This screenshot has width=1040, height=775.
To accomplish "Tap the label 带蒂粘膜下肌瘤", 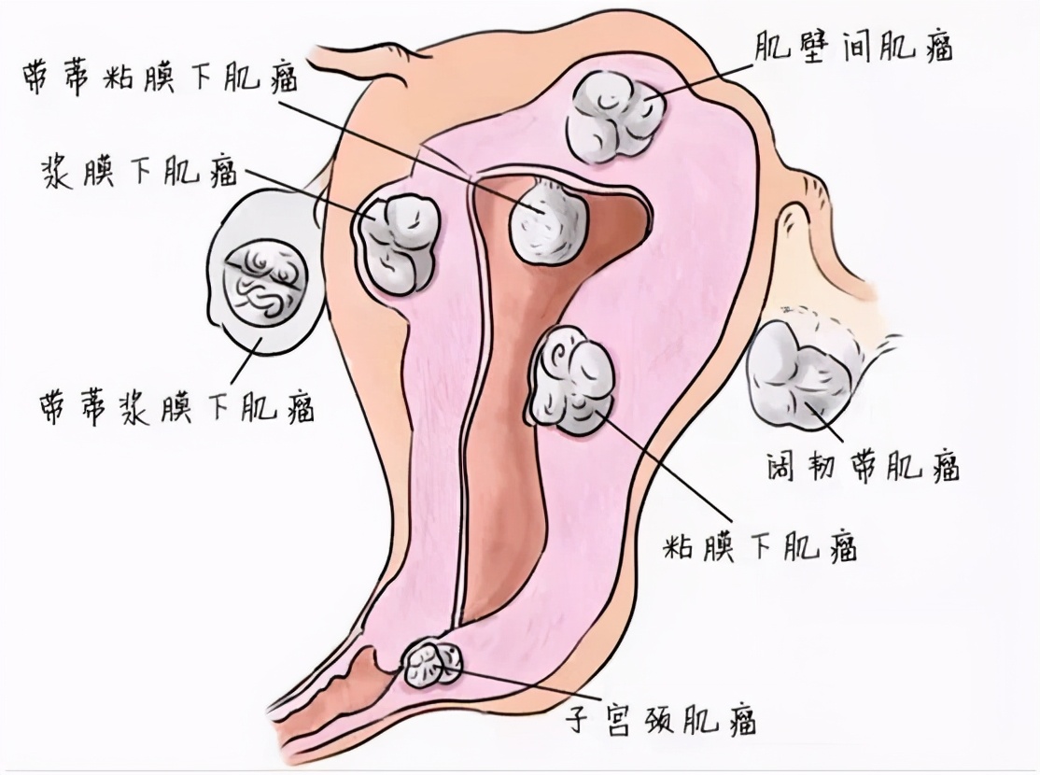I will (161, 77).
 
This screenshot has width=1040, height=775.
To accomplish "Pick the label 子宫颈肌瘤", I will (660, 718).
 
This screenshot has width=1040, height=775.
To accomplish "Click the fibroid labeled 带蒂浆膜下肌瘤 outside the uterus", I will (265, 276).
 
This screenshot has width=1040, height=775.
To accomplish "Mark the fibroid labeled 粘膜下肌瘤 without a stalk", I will (571, 382).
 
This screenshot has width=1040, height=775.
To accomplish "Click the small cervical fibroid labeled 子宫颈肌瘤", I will (432, 662).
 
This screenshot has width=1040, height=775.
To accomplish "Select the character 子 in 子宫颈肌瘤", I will (579, 718).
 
